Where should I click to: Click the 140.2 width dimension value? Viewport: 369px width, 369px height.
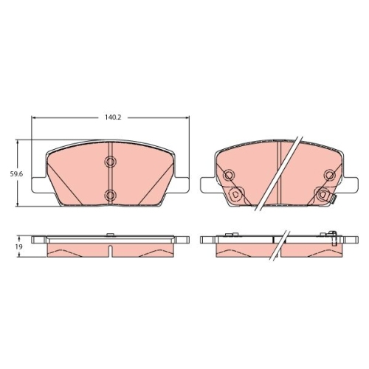113,117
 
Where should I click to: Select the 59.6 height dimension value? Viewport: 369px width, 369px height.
16,174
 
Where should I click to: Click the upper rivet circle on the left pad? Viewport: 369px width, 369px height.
111,162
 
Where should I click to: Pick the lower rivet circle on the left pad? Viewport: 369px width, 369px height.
111,195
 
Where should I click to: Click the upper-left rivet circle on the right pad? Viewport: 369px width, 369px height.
229,176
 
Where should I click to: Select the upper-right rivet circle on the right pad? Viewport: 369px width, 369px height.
330,175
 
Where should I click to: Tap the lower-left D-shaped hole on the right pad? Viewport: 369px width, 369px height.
235,194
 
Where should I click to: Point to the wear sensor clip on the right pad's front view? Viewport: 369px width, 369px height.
333,199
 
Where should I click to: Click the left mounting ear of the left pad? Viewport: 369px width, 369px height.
38,184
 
